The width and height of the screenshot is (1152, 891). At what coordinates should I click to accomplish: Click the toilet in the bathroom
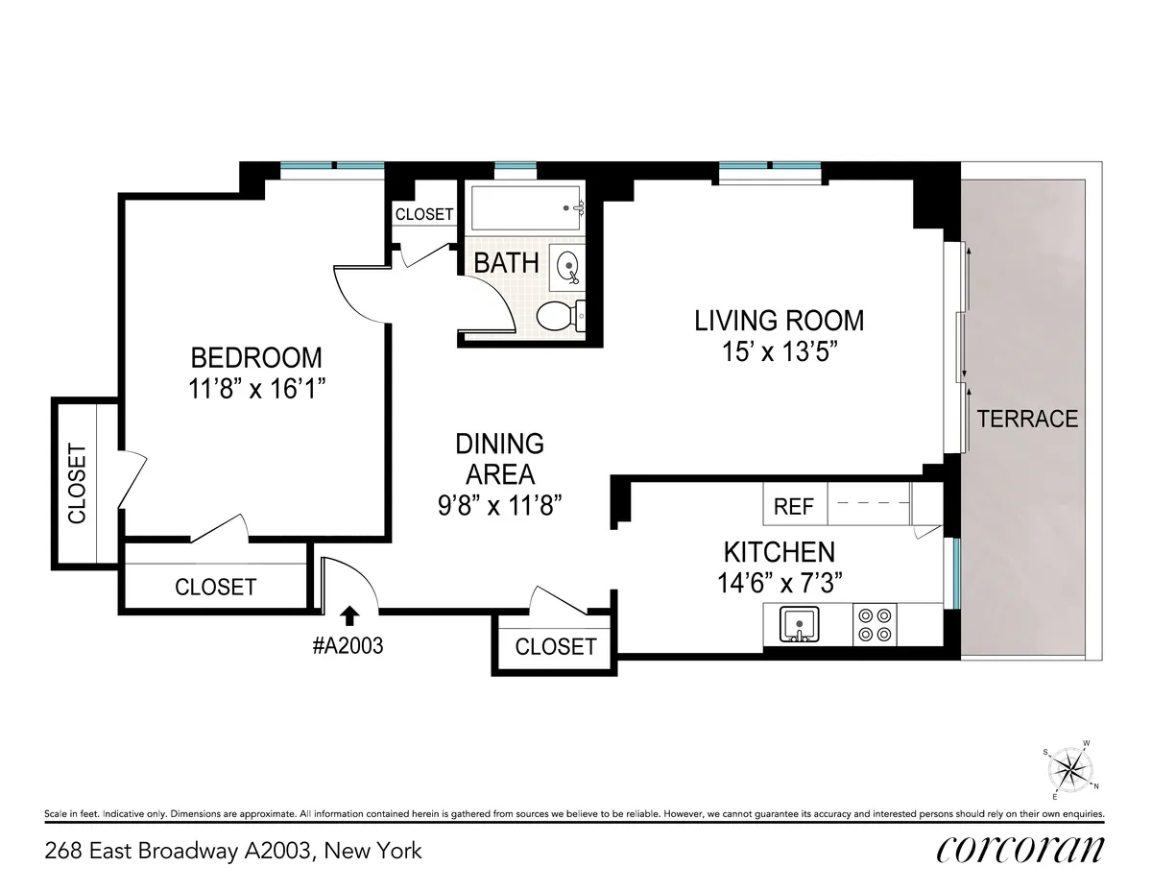558,316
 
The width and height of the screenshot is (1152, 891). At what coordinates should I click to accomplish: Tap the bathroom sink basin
566,265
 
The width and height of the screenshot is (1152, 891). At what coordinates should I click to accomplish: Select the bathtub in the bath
526,206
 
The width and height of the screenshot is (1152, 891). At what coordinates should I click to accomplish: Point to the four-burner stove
874,624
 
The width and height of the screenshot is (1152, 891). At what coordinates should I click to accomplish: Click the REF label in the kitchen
794,506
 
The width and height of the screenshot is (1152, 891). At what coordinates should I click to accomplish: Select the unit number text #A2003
348,646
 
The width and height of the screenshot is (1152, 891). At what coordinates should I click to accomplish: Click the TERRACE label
1027,419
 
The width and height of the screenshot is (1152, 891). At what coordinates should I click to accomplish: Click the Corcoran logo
1020,850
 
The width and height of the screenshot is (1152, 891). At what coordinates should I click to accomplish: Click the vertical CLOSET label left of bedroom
77,483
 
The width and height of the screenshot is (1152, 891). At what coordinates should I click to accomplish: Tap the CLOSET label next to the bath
423,214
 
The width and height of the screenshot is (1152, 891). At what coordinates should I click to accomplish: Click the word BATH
506,262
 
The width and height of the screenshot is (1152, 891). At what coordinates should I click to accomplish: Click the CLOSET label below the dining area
555,646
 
